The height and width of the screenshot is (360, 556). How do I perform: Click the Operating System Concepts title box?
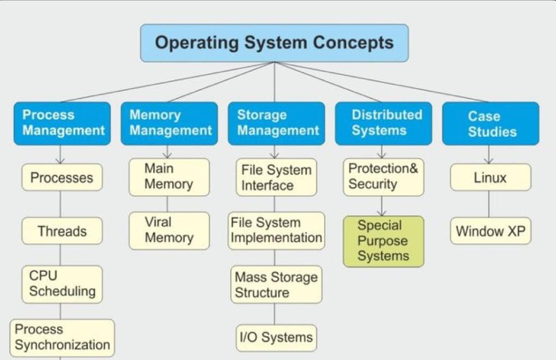tap(274, 43)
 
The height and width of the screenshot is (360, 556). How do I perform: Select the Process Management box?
tap(62, 123)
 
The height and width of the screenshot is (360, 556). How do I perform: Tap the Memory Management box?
tap(169, 123)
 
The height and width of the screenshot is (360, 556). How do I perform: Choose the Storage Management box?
tap(276, 123)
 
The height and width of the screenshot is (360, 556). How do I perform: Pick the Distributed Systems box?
tap(383, 123)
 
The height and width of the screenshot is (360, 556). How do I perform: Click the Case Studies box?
tap(490, 124)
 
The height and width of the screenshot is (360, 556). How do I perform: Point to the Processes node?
tap(62, 177)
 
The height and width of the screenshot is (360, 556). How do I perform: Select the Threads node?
tap(62, 231)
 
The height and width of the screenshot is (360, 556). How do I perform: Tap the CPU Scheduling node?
tap(62, 284)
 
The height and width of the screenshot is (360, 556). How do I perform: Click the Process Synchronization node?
tap(62, 338)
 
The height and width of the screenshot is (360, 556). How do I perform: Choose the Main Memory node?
tap(169, 177)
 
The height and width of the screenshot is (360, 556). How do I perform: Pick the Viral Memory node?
tap(169, 230)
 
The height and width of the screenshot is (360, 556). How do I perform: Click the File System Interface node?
tap(276, 177)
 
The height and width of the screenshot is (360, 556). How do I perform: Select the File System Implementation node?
tap(276, 230)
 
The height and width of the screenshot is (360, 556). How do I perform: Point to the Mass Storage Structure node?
tap(276, 284)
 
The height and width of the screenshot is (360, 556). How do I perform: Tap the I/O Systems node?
tap(276, 338)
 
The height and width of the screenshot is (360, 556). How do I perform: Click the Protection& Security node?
tap(383, 177)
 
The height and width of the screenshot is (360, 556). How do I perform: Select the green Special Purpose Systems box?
tap(383, 241)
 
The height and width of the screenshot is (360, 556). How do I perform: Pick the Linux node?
tap(490, 177)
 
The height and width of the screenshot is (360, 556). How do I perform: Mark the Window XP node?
tap(490, 231)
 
